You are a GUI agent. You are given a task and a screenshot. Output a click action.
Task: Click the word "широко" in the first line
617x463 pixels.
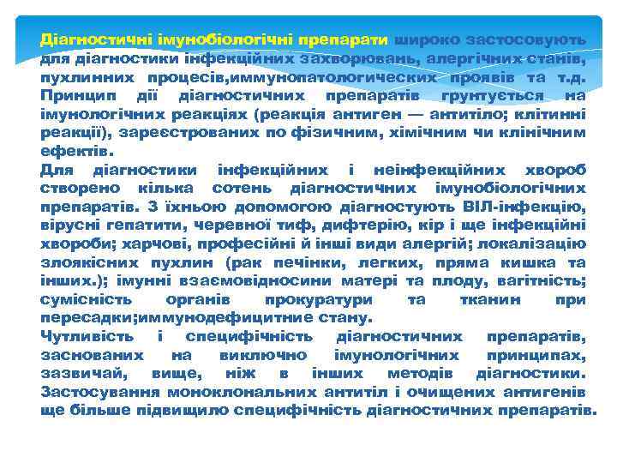pyautogui.click(x=422, y=39)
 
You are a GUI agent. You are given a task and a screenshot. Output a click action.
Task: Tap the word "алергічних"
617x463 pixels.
pyautogui.click(x=464, y=58)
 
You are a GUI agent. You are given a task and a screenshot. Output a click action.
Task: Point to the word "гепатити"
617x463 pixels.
pyautogui.click(x=135, y=225)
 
